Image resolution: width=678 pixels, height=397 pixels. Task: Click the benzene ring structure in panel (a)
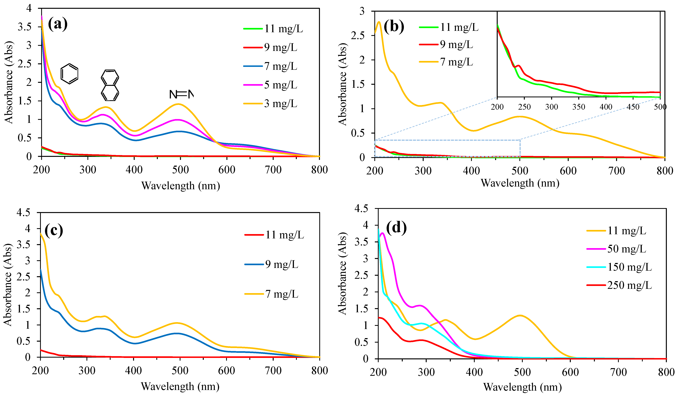click(x=69, y=74)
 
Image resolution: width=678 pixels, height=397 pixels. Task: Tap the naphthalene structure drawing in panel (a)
click(x=110, y=85)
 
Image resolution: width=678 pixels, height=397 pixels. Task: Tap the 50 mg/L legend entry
click(x=616, y=249)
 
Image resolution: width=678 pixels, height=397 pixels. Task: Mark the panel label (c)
click(x=54, y=231)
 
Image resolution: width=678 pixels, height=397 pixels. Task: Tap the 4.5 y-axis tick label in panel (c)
click(x=24, y=213)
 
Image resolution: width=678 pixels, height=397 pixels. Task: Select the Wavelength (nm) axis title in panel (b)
click(x=520, y=183)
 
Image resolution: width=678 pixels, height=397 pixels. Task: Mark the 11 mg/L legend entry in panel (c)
click(x=274, y=235)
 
